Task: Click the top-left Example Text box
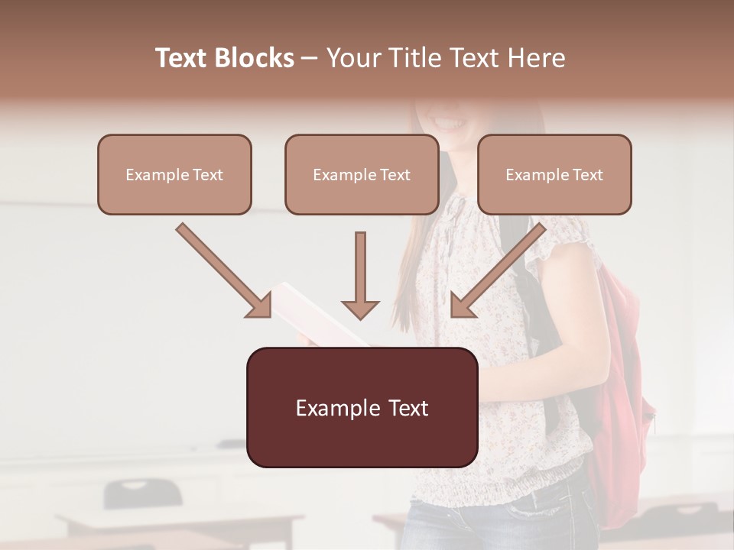(x=174, y=174)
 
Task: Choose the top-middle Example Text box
(x=362, y=174)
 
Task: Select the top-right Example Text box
(x=554, y=174)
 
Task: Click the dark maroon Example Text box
(x=362, y=408)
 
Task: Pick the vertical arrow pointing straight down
(x=360, y=274)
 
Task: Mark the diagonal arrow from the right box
(x=499, y=270)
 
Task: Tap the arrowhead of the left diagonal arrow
(x=258, y=306)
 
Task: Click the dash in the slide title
(x=310, y=58)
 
